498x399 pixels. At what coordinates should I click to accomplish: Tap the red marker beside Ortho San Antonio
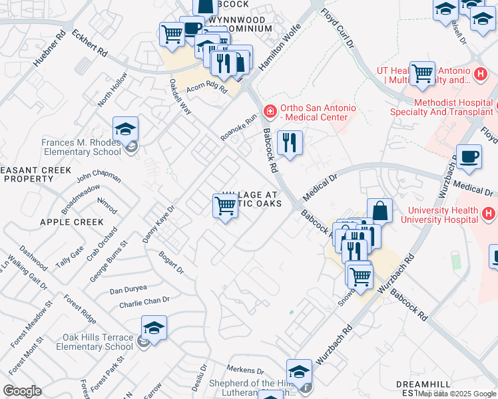pyautogui.click(x=270, y=110)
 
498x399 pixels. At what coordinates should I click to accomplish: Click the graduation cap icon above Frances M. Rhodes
pyautogui.click(x=125, y=129)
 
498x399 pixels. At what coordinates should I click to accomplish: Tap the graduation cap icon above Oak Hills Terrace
pyautogui.click(x=154, y=328)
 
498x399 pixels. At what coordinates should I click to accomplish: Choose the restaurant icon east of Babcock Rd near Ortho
pyautogui.click(x=289, y=142)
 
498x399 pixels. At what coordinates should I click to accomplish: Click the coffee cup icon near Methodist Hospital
pyautogui.click(x=469, y=157)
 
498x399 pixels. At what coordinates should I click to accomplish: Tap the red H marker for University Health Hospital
pyautogui.click(x=489, y=214)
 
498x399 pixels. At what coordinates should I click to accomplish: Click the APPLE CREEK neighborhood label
pyautogui.click(x=72, y=222)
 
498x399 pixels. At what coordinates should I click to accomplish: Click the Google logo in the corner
pyautogui.click(x=22, y=390)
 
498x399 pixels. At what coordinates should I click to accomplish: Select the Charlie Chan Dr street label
pyautogui.click(x=144, y=303)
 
